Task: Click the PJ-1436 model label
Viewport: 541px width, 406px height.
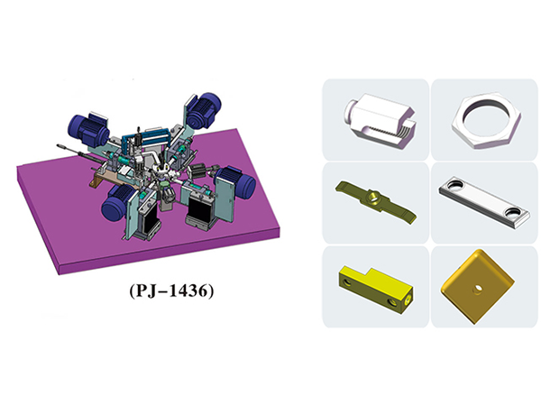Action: tap(171, 291)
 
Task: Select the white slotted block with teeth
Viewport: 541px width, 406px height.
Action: tap(380, 120)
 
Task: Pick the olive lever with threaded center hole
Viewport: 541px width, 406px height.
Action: tap(376, 202)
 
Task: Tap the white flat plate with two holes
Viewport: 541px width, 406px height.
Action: tap(484, 202)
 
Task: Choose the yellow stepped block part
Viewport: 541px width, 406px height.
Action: tap(376, 289)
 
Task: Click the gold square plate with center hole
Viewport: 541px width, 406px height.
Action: tap(477, 287)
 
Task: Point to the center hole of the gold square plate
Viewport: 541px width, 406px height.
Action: tap(477, 290)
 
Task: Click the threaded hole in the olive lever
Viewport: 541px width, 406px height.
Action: tap(373, 198)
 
